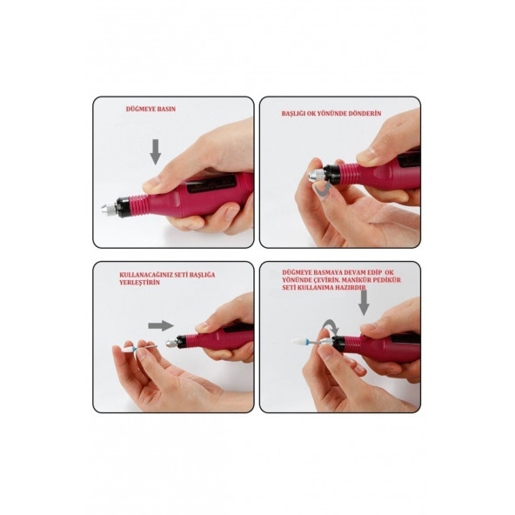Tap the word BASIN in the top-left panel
tap(168, 109)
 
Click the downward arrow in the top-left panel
tap(156, 151)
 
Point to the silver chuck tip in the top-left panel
tap(109, 208)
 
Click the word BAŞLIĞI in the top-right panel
tap(293, 114)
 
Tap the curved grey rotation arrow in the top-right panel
tap(322, 191)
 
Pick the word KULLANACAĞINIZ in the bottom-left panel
tap(145, 275)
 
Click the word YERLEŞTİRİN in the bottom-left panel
tap(139, 283)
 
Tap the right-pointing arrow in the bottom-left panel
tap(161, 326)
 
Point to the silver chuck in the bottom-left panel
tap(171, 344)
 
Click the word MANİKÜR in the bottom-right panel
tap(359, 280)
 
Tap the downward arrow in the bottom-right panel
tap(364, 303)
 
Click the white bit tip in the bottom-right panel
tap(300, 341)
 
